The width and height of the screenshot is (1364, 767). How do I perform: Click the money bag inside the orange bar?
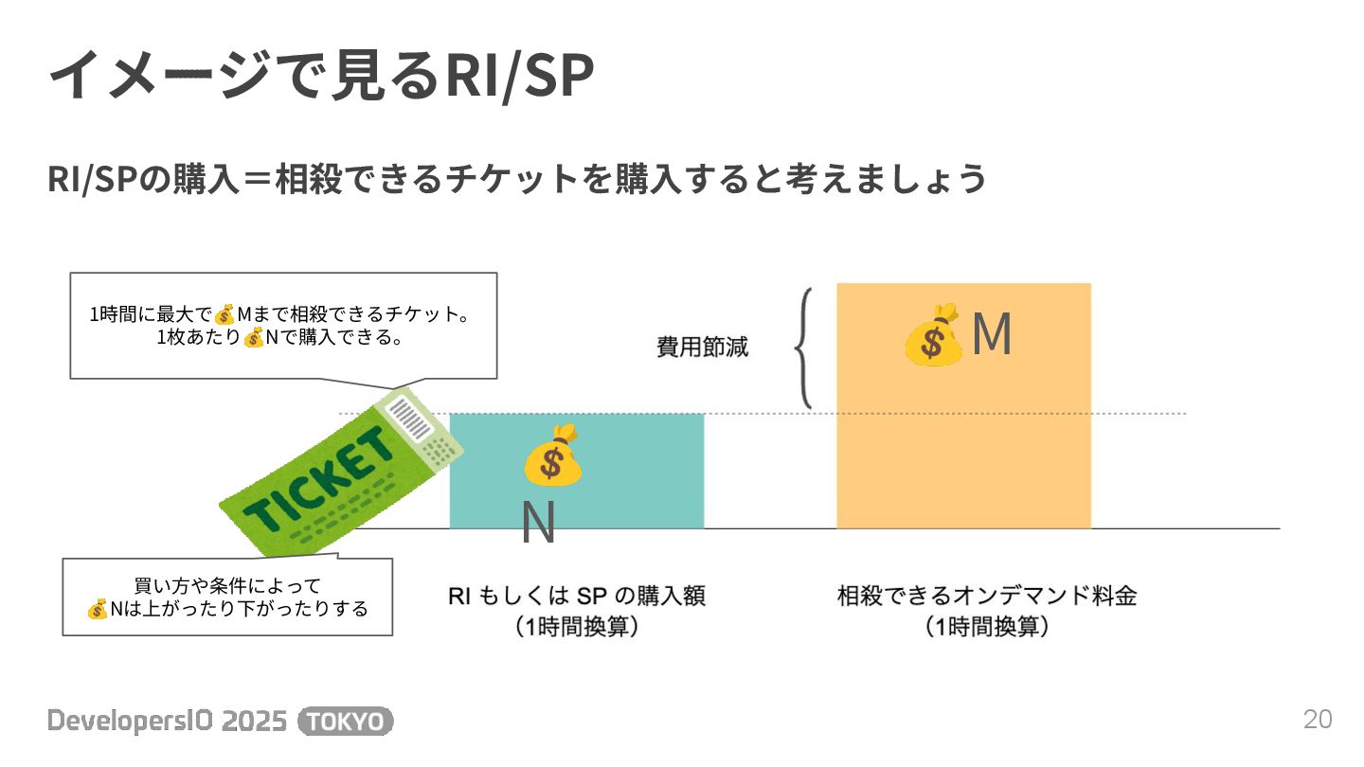[x=932, y=335]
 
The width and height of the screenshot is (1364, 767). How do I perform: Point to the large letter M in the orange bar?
[x=992, y=335]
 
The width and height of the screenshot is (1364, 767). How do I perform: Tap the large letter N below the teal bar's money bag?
[x=538, y=523]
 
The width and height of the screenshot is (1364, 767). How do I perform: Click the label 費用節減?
[x=702, y=348]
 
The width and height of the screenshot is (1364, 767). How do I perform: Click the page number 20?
[x=1318, y=720]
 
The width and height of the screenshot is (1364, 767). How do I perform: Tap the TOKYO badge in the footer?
[x=346, y=722]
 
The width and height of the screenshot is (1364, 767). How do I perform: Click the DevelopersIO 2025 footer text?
[x=167, y=722]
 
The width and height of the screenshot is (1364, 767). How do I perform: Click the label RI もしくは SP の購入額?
[x=576, y=597]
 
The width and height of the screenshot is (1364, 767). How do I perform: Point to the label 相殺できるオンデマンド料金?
[x=986, y=597]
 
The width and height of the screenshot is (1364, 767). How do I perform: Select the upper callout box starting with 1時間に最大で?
[x=283, y=326]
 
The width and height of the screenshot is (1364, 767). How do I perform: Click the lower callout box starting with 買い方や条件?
[x=227, y=597]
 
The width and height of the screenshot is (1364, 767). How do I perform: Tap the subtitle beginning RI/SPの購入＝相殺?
[x=517, y=178]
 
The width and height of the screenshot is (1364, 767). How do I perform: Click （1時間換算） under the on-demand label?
[x=986, y=627]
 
